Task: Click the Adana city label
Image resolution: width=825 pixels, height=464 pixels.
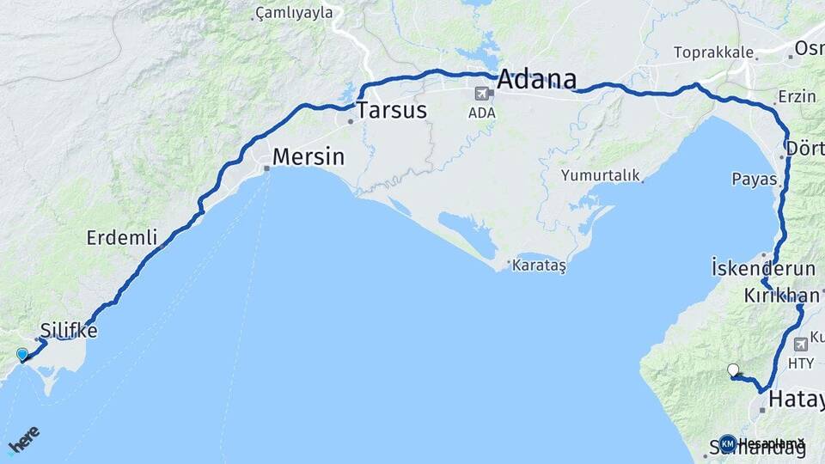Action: point(536,79)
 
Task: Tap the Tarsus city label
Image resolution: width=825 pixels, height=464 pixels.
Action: point(391,110)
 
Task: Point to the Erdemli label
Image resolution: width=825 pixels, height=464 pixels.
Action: point(122,237)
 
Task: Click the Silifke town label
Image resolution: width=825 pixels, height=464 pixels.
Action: point(69,331)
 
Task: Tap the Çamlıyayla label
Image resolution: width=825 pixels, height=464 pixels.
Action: point(294,14)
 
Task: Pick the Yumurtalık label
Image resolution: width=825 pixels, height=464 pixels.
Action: point(601,175)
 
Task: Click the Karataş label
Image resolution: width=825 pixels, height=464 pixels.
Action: point(539,266)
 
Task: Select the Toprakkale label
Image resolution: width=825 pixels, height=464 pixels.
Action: point(712,52)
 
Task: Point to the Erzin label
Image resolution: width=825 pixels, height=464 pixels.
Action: point(796,96)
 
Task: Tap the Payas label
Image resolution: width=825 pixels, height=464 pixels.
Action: point(754,180)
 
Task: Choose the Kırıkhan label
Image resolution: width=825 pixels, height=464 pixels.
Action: point(781,296)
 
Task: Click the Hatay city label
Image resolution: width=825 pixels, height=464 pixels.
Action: point(796,400)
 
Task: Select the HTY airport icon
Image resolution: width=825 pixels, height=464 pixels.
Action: point(802,344)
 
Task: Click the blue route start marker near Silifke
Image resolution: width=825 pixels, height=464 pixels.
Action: point(22,354)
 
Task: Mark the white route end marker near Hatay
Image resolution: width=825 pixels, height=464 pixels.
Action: point(733,370)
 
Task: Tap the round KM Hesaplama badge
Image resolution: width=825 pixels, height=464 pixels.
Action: point(728,443)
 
